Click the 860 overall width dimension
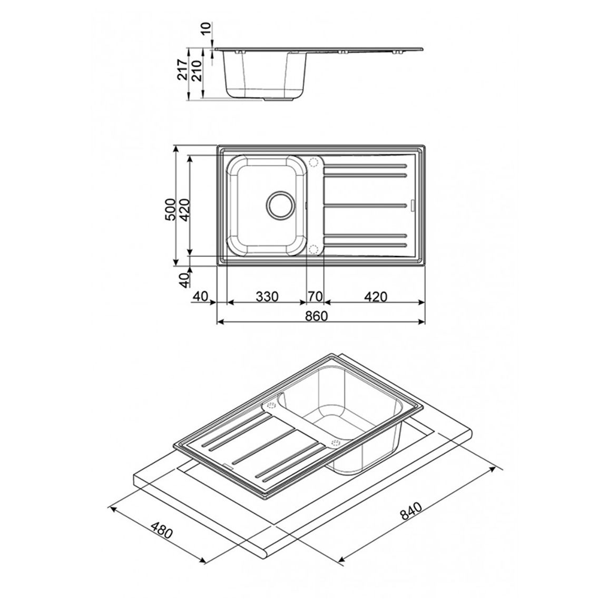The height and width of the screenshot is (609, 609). [x=316, y=316]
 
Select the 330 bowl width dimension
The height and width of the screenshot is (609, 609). [x=267, y=297]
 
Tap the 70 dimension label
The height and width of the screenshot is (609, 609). [x=316, y=297]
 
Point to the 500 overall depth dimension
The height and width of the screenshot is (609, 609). [x=170, y=210]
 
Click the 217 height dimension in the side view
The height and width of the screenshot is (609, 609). [x=182, y=70]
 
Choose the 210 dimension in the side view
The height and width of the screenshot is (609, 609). [x=197, y=70]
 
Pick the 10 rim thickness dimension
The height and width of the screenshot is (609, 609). [x=205, y=28]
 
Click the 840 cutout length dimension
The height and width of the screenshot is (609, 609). [x=410, y=511]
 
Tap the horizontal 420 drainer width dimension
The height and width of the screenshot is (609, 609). [x=376, y=297]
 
